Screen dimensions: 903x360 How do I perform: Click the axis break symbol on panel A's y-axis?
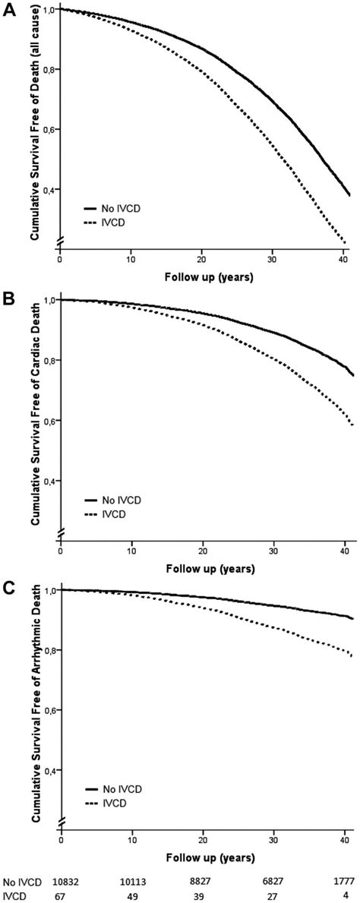pyautogui.click(x=59, y=238)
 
